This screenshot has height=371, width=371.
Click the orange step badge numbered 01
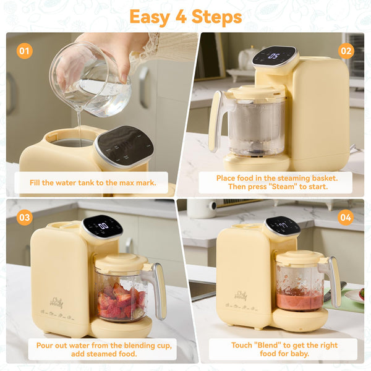point(24,50)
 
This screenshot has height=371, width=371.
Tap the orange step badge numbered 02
point(346,50)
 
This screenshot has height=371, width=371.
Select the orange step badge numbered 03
point(24,216)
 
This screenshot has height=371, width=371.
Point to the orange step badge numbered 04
point(346,216)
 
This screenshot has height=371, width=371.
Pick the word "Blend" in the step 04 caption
point(255,344)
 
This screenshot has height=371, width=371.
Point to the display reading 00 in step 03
point(103,226)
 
